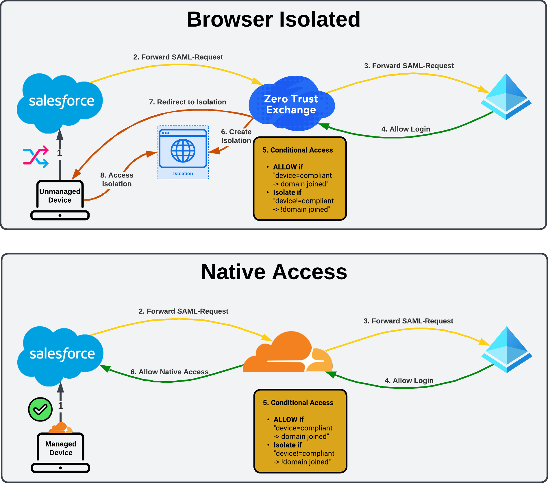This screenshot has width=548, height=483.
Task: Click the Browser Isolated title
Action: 273,19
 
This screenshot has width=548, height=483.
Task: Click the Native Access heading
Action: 274,272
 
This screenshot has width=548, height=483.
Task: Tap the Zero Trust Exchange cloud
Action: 291,104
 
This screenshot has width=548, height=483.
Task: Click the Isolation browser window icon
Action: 183,149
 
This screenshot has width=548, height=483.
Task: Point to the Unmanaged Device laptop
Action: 60,199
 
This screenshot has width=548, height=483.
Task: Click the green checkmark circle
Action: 40,409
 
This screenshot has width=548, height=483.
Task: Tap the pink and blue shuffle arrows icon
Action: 36,156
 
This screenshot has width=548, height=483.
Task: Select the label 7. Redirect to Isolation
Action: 187,102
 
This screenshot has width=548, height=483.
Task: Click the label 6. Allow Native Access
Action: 169,372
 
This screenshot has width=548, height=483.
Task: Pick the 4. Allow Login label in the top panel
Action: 406,129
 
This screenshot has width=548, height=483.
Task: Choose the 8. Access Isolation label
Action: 117,179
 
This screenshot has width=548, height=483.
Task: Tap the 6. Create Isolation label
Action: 236,136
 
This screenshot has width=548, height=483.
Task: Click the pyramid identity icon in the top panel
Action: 506,97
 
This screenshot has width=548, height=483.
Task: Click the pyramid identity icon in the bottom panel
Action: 507,349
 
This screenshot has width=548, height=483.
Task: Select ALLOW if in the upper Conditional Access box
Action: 288,167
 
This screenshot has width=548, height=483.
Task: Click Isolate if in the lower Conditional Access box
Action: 288,445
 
